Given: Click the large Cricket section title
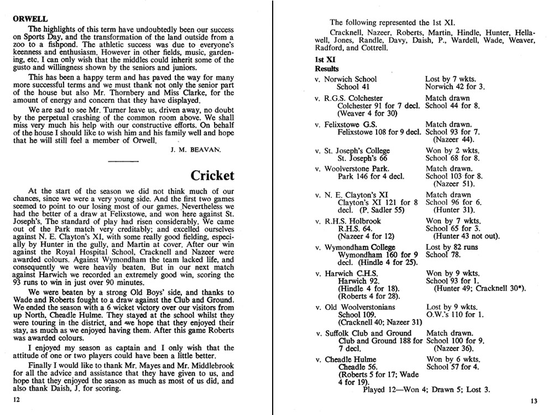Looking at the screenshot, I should [x=212, y=176].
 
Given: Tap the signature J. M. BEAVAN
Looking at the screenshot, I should [x=186, y=149].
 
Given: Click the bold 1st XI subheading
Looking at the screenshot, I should [x=325, y=59].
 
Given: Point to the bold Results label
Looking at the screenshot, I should [x=327, y=69].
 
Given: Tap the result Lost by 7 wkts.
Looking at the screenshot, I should [x=450, y=79].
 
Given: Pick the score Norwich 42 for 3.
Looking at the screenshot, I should [x=455, y=87].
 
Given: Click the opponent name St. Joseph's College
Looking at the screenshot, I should [x=357, y=151].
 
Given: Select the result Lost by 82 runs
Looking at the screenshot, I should [x=452, y=247].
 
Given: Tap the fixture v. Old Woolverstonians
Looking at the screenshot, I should [x=355, y=307].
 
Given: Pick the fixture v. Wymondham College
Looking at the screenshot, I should [x=355, y=247].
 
